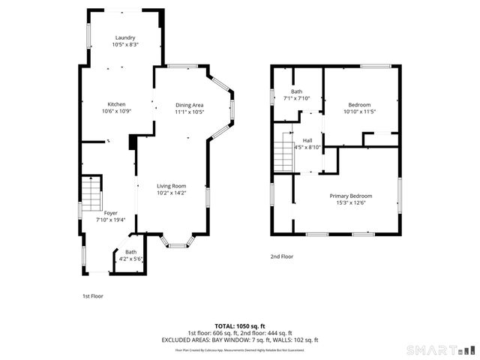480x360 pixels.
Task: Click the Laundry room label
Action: [125, 37]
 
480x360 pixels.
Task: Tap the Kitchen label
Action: [116, 104]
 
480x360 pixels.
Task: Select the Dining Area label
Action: [190, 104]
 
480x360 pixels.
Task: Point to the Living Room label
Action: [171, 186]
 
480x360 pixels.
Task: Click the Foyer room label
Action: [110, 213]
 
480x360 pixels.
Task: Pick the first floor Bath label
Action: [131, 252]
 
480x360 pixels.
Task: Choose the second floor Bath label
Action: [297, 91]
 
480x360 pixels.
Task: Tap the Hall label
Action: [307, 139]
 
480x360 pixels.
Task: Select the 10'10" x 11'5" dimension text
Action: [359, 111]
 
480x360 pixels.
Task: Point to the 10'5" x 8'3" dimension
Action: [125, 44]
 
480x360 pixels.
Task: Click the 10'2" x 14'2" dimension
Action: [171, 193]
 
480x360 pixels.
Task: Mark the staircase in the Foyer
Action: [90, 193]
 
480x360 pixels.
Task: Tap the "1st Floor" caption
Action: [93, 296]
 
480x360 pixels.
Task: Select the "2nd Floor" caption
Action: [282, 256]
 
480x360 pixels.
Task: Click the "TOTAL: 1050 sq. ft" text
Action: [239, 326]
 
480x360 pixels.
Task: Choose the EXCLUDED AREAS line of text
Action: [240, 340]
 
